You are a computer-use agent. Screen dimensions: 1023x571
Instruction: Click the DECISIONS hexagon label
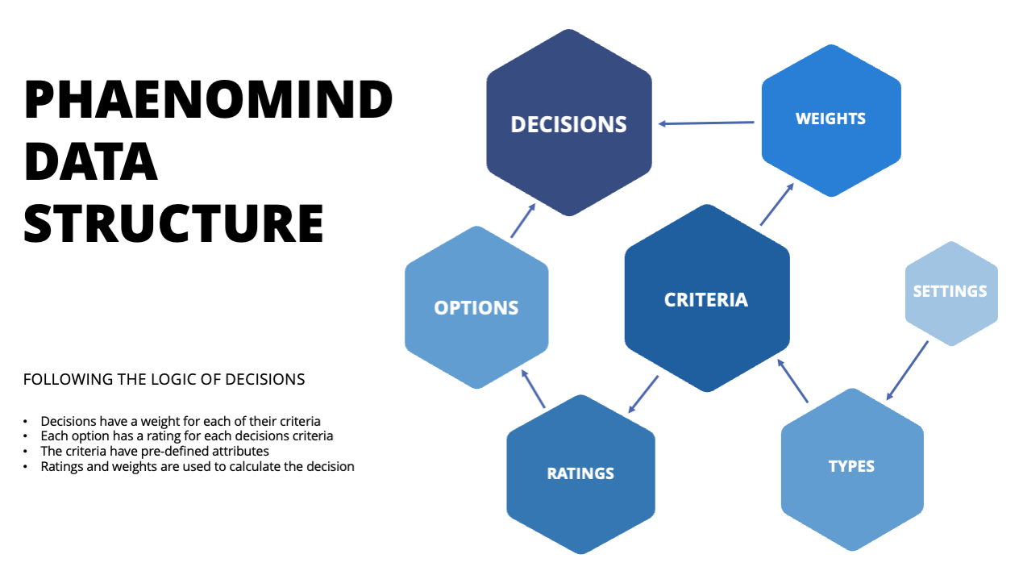(x=568, y=124)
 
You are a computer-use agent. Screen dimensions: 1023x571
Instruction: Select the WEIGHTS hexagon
(x=831, y=121)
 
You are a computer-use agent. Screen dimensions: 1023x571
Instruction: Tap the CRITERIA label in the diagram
(x=706, y=300)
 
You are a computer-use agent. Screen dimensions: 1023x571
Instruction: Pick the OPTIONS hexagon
(x=476, y=307)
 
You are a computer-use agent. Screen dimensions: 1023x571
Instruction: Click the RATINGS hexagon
(x=580, y=474)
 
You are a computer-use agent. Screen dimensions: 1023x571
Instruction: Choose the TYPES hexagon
(x=852, y=469)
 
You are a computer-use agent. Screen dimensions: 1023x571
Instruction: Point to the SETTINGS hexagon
(x=951, y=294)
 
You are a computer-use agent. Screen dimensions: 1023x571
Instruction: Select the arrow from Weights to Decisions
(x=706, y=123)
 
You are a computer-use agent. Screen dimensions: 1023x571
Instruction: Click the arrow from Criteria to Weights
(x=777, y=204)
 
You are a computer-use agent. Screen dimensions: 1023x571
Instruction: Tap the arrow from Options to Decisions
(x=523, y=221)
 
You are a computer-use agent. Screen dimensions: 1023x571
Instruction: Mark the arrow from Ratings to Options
(x=533, y=389)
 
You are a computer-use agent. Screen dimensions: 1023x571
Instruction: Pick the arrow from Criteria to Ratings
(x=643, y=394)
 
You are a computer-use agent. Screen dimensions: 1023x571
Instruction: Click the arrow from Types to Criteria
(x=792, y=381)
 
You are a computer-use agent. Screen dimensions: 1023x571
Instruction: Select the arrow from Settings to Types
(x=907, y=370)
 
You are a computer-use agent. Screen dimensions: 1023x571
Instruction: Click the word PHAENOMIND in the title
(x=208, y=99)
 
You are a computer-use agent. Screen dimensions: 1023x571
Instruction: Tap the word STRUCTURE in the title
(x=173, y=223)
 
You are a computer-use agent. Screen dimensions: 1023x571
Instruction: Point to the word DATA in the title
(x=91, y=161)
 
